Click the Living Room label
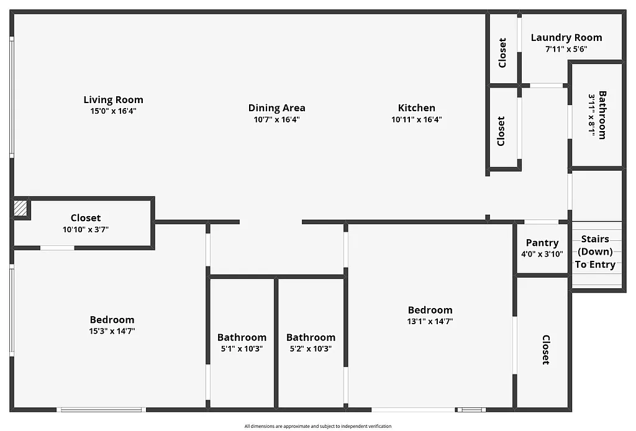113,99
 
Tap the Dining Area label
276,108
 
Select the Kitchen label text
416,108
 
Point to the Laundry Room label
566,37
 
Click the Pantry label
542,243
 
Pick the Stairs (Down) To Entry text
595,252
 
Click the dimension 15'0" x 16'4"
113,111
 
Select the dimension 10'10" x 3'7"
86,229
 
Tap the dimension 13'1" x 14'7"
430,322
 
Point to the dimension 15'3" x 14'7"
112,331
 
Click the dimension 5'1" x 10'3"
242,348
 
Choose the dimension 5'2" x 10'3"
311,348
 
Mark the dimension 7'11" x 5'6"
566,48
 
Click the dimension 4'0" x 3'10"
542,253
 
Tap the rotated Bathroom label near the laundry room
602,116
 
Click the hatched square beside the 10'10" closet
21,208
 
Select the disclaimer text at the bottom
317,426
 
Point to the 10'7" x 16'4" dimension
276,119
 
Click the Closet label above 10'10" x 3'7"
86,218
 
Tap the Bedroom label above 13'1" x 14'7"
430,310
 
